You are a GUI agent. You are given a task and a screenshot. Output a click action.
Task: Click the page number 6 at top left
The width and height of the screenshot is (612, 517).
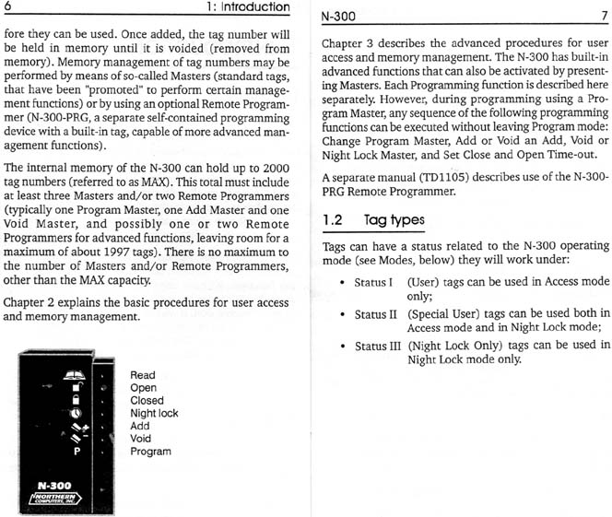8,8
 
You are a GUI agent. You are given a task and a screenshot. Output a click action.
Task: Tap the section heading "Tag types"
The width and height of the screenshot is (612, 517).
394,221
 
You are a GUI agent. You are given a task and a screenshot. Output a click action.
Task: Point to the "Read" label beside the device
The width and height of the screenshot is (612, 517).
143,376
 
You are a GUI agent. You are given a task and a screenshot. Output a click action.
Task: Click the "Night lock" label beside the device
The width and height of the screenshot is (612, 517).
154,414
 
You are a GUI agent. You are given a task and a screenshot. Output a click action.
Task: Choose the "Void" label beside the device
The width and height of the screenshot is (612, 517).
141,440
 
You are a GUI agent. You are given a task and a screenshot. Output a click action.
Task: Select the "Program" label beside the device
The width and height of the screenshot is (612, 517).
150,452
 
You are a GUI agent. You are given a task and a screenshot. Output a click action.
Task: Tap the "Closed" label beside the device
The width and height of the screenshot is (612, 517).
147,401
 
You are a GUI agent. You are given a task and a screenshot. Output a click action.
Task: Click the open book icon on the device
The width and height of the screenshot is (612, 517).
73,375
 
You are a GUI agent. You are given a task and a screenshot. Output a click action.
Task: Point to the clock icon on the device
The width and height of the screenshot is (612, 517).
74,414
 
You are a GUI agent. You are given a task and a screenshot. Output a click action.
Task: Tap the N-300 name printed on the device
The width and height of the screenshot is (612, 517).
56,485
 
